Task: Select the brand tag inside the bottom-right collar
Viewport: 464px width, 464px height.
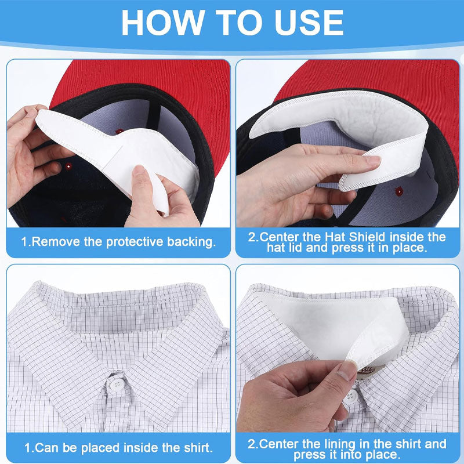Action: (369, 371)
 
